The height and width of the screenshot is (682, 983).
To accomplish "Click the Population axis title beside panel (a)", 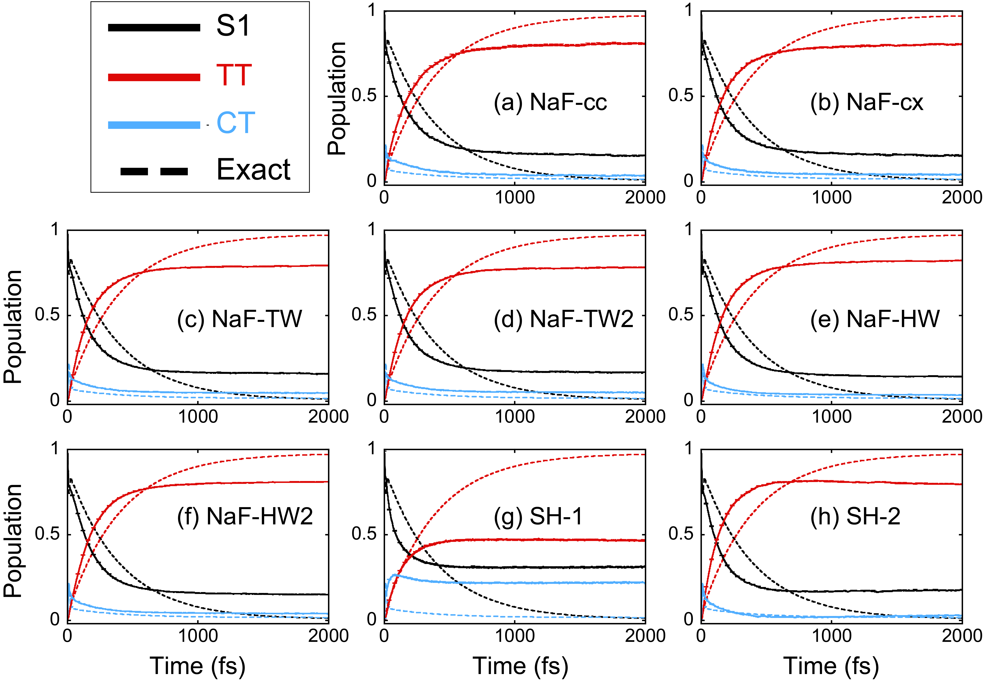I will (337, 98).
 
